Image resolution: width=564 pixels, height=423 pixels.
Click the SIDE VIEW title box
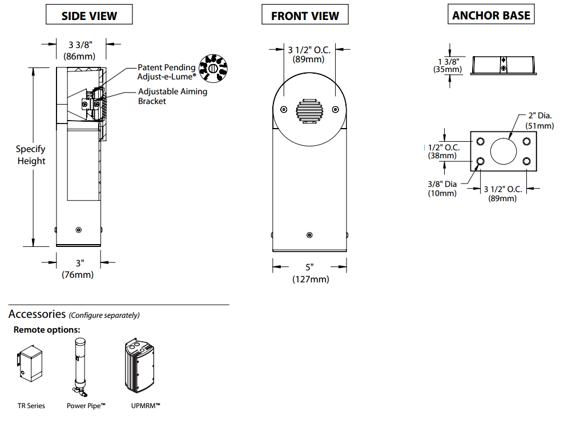(x=89, y=15)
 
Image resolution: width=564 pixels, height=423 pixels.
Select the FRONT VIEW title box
(x=305, y=15)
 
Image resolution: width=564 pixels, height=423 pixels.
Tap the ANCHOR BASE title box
(x=491, y=15)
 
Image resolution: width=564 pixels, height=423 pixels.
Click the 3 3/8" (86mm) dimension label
(x=79, y=50)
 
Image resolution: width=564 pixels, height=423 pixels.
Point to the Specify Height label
(x=31, y=155)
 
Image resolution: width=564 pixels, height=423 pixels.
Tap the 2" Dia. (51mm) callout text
(x=538, y=121)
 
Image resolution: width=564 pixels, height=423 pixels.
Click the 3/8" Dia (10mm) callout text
(x=443, y=189)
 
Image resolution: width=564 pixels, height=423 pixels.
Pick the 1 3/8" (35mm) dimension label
(x=448, y=65)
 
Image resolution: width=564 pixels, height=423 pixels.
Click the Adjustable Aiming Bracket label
(x=172, y=96)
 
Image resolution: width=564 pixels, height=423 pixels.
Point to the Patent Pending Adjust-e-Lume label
(x=166, y=71)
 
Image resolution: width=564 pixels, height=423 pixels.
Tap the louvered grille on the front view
(x=309, y=110)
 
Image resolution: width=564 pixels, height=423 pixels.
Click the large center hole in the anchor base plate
(x=503, y=151)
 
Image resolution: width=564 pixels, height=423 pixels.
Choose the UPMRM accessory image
(x=140, y=366)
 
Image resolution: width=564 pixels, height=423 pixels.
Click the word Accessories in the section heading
(x=37, y=314)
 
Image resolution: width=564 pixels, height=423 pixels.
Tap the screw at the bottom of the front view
(x=309, y=236)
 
